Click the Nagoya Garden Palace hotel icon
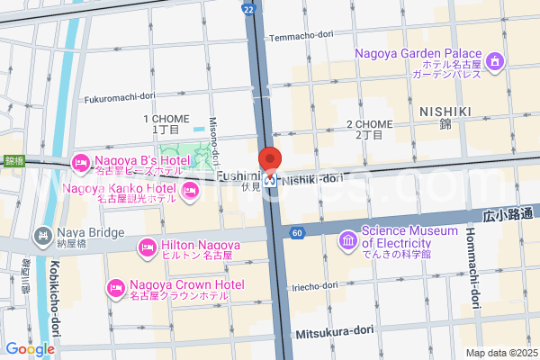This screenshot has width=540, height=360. coord(494,60)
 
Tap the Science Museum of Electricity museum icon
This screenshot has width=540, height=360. coord(347,240)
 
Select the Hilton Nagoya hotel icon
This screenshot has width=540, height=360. coord(147,247)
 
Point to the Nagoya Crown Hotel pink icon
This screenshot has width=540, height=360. coord(115,288)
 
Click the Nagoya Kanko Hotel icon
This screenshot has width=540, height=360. coord(190,190)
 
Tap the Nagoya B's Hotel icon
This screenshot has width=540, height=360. coord(78,162)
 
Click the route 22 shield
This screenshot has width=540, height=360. coord(248,7)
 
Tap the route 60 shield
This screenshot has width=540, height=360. coord(296,233)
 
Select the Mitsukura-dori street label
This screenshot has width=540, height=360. coord(334,332)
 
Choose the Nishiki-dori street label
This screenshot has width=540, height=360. coord(313,179)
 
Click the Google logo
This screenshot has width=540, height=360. coord(30,349)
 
